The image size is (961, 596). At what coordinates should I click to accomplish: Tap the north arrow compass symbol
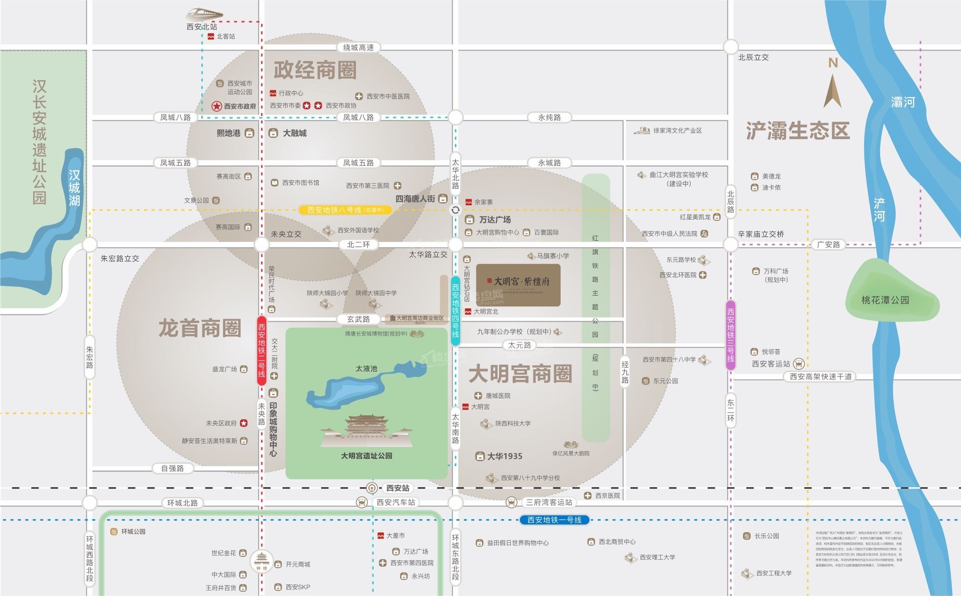832,86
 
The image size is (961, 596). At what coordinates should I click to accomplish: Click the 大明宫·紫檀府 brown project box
518,284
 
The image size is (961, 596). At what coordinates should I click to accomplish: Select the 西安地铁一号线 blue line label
554,520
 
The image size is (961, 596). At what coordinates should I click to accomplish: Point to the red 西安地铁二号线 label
261,350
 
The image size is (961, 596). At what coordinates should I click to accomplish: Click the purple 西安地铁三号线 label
730,335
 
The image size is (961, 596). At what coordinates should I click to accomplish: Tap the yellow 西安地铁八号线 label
345,210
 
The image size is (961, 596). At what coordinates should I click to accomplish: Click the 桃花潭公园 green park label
885,300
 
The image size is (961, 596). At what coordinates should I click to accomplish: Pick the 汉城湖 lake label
74,188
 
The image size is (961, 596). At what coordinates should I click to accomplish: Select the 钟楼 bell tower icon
261,561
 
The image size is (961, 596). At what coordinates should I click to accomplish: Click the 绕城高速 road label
358,47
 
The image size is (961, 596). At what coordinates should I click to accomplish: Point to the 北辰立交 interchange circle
730,47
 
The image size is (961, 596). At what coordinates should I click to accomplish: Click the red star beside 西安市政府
217,106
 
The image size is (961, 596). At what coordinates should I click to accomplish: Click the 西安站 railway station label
397,488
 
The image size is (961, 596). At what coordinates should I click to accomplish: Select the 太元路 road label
519,345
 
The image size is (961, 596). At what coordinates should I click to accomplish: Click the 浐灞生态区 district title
797,131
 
